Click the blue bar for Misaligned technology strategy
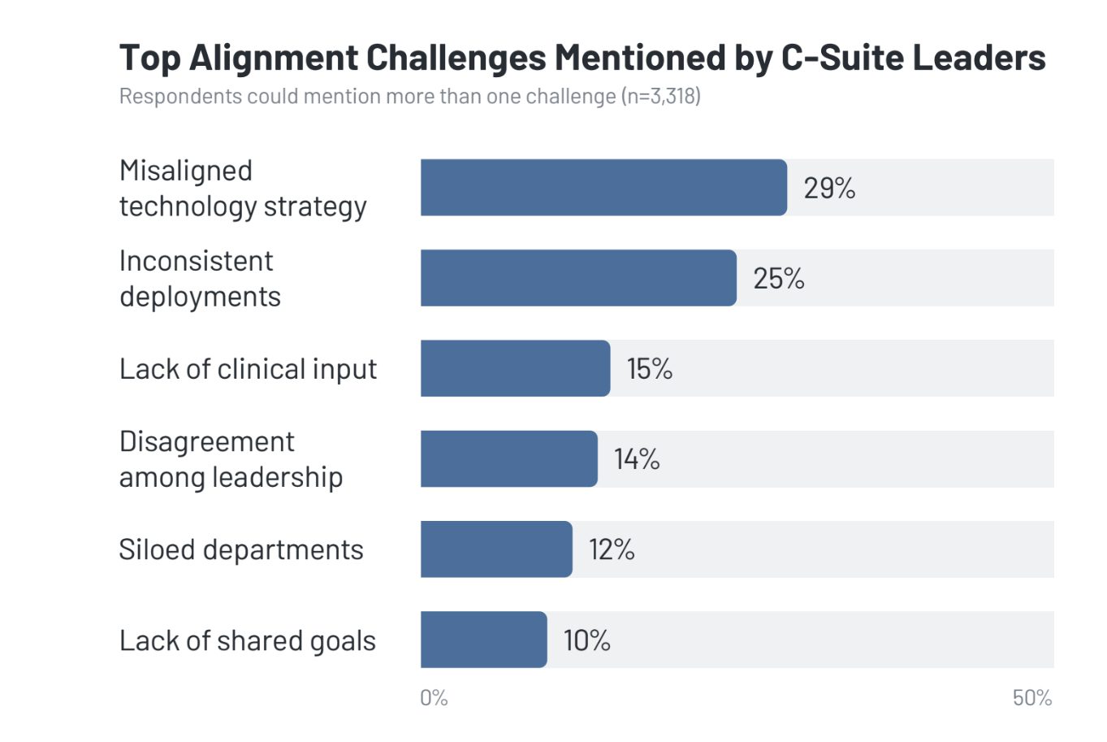(x=603, y=188)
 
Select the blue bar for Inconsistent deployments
(x=578, y=278)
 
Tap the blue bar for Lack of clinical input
(x=515, y=368)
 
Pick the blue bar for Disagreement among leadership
(x=508, y=459)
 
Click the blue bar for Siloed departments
(x=496, y=549)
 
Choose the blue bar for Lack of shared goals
(x=483, y=640)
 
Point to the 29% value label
(x=829, y=189)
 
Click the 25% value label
(x=778, y=279)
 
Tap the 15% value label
(x=649, y=369)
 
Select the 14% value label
(x=637, y=459)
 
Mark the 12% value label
(x=612, y=549)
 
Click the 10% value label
(x=586, y=640)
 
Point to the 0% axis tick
(x=434, y=698)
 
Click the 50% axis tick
(x=1032, y=698)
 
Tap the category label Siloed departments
(x=241, y=550)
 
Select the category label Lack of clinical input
(x=248, y=369)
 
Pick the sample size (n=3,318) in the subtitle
(x=660, y=97)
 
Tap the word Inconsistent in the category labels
(x=196, y=261)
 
